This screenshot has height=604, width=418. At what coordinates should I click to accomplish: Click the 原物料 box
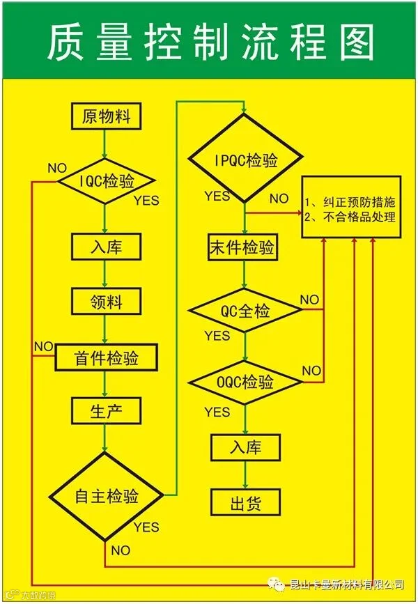click(x=106, y=115)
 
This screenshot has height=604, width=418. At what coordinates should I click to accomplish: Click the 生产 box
click(x=106, y=410)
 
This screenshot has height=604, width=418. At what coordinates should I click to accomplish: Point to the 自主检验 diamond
click(x=106, y=496)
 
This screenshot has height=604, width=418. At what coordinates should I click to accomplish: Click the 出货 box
click(x=245, y=501)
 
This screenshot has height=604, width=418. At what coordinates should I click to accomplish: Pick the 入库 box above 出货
click(x=245, y=447)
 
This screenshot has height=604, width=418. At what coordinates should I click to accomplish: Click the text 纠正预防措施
click(x=355, y=202)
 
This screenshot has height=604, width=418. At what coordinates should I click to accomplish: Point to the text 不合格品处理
click(x=355, y=217)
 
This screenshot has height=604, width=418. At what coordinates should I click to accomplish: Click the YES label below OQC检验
click(x=217, y=412)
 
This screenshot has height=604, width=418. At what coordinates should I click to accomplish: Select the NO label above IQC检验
click(x=57, y=169)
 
